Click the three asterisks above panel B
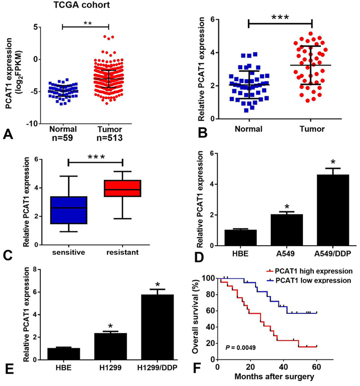coord(280,17)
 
